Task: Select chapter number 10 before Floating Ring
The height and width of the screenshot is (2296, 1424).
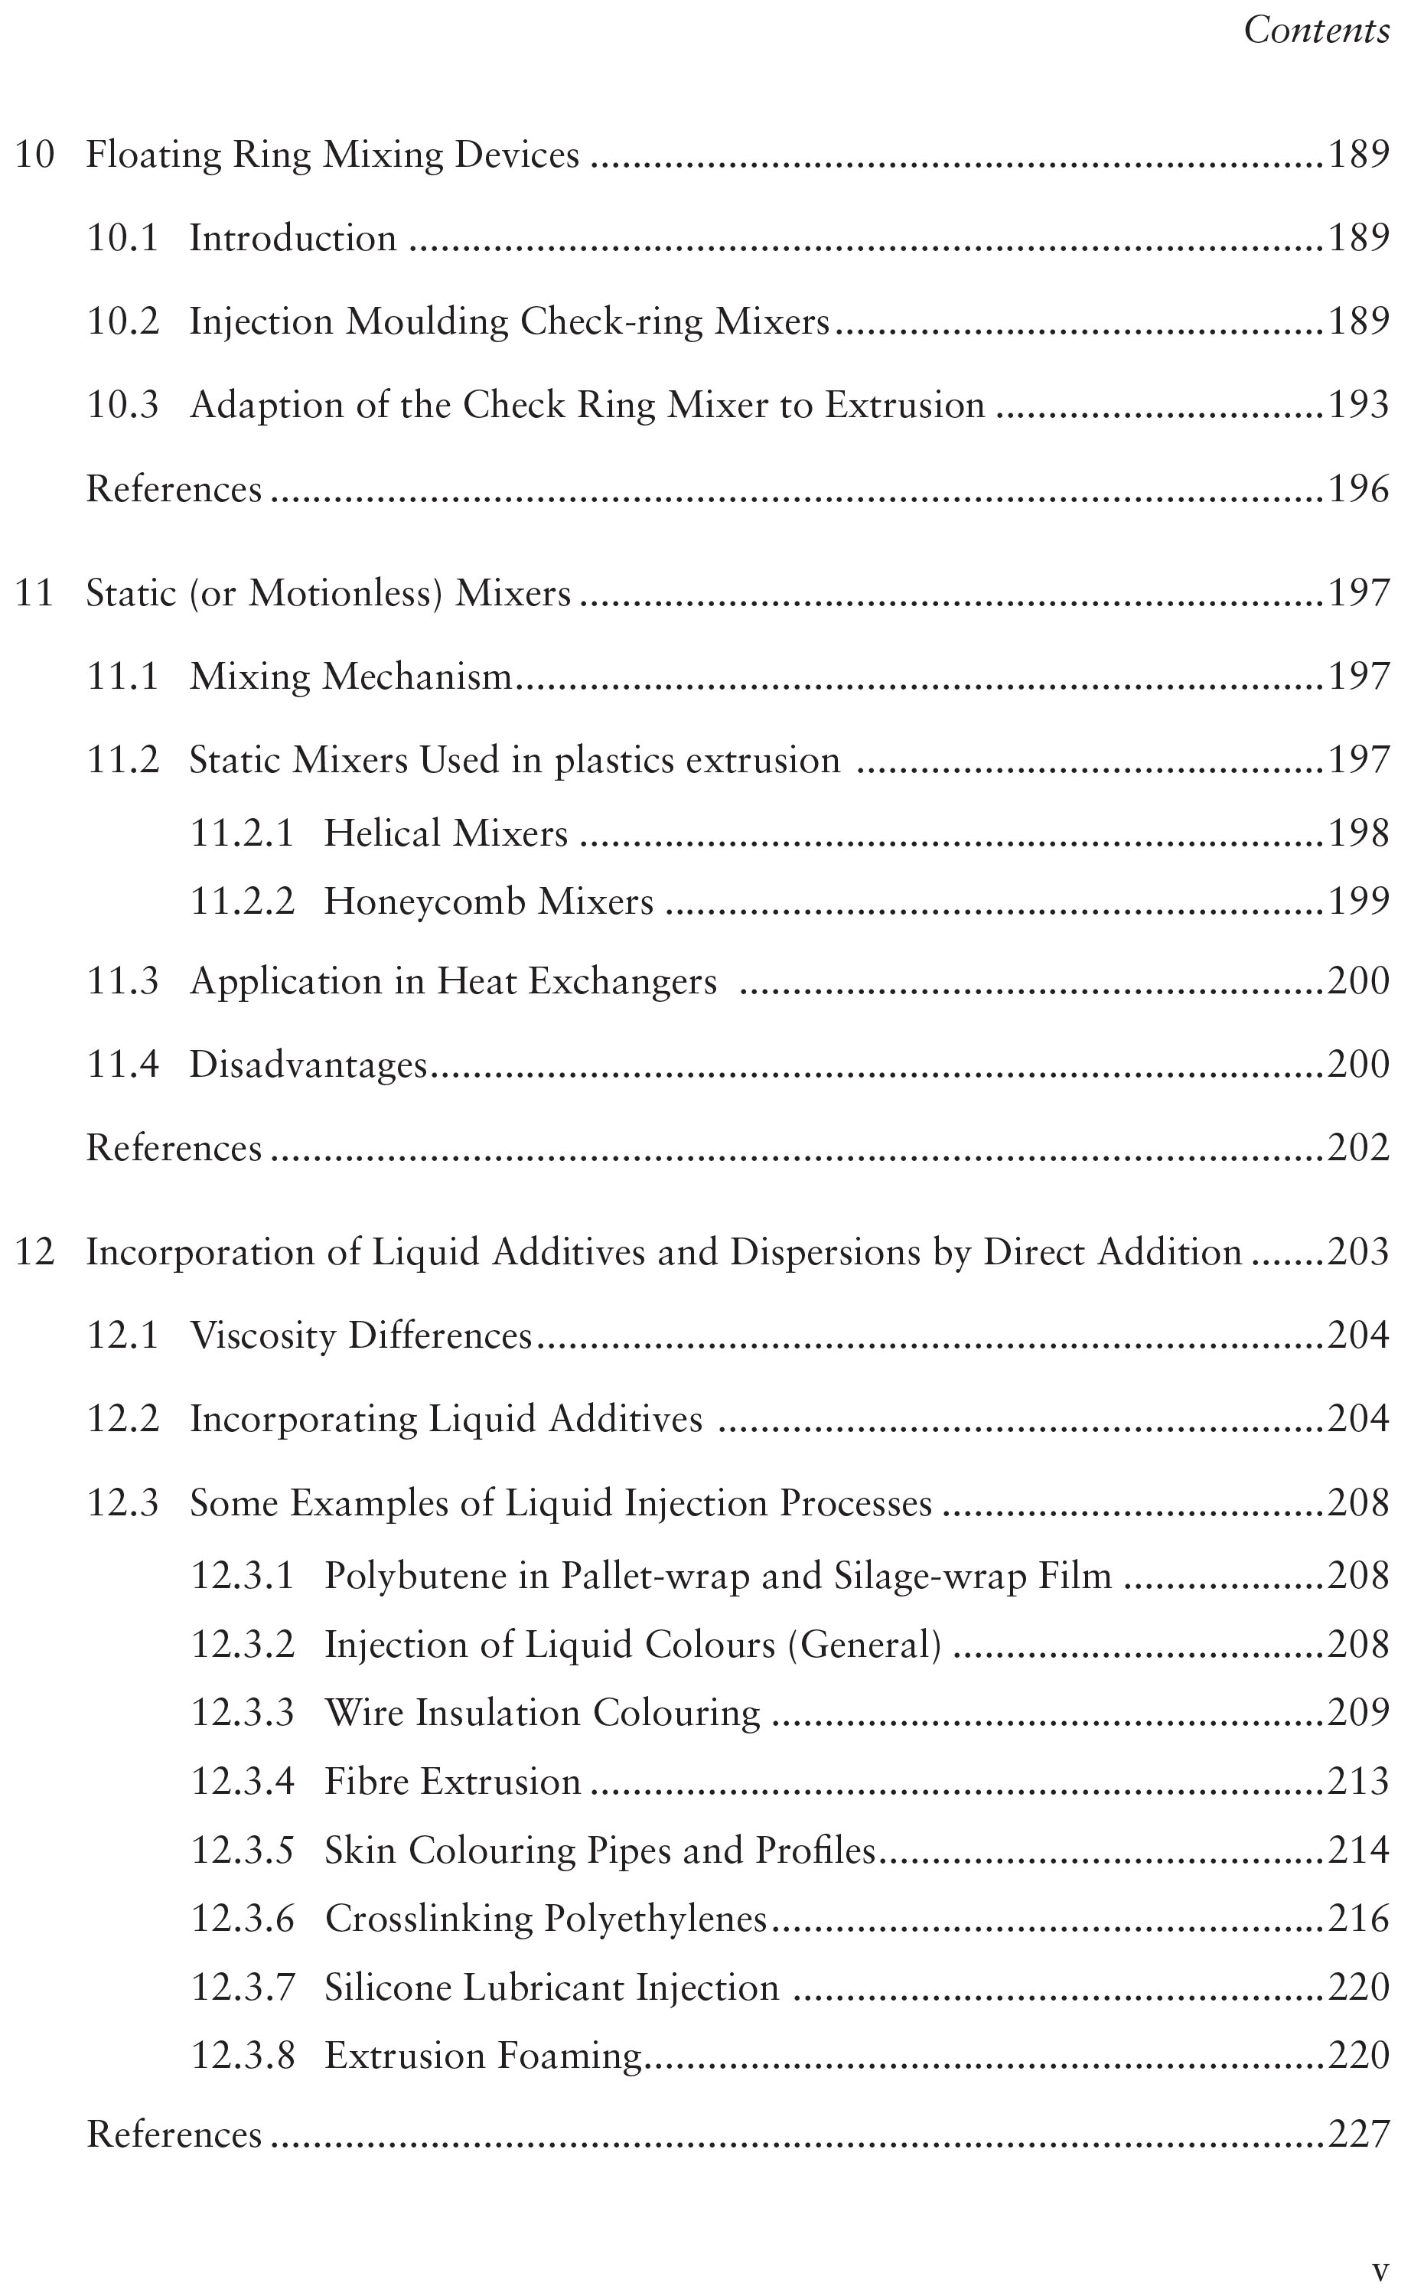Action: coord(35,155)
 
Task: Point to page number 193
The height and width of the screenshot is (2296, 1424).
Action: coord(1358,405)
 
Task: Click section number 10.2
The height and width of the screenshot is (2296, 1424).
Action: coord(122,322)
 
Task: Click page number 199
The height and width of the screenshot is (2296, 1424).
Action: coord(1358,902)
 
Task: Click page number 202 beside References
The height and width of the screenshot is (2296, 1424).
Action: coord(1358,1148)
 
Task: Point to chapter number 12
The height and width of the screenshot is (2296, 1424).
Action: coord(35,1253)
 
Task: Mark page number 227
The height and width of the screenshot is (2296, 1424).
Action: coord(1358,2134)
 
